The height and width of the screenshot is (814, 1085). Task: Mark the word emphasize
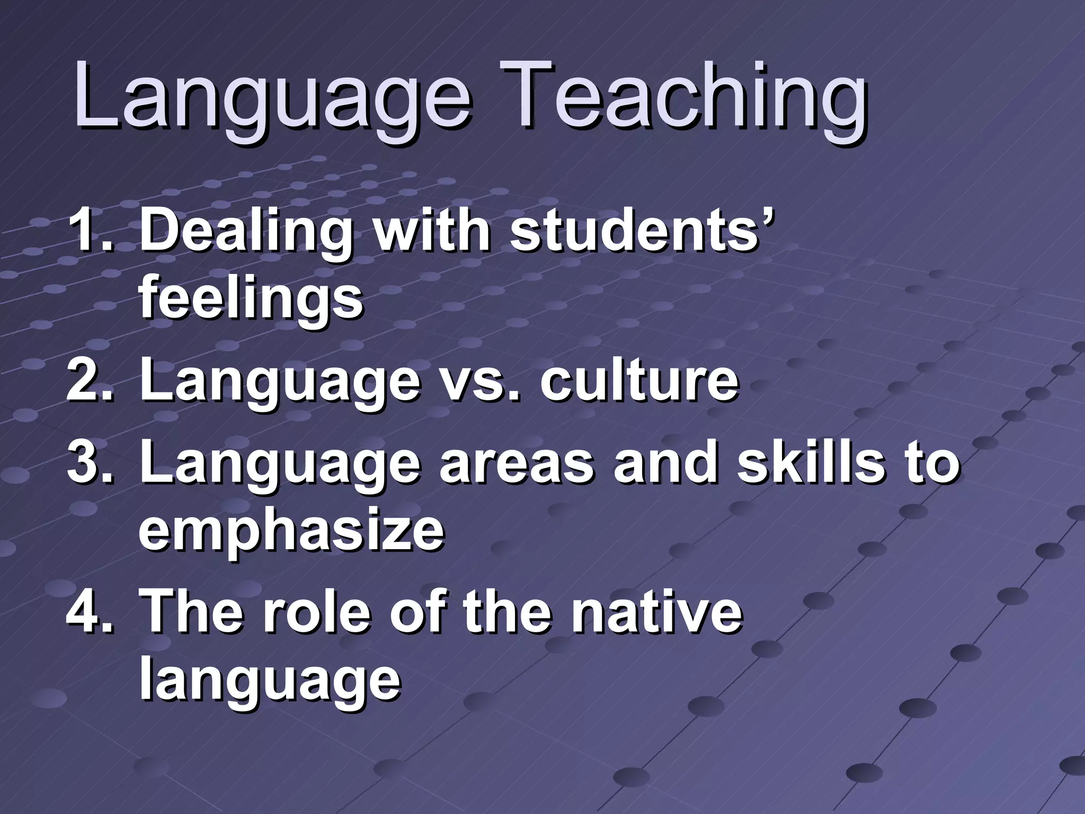coord(291,532)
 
